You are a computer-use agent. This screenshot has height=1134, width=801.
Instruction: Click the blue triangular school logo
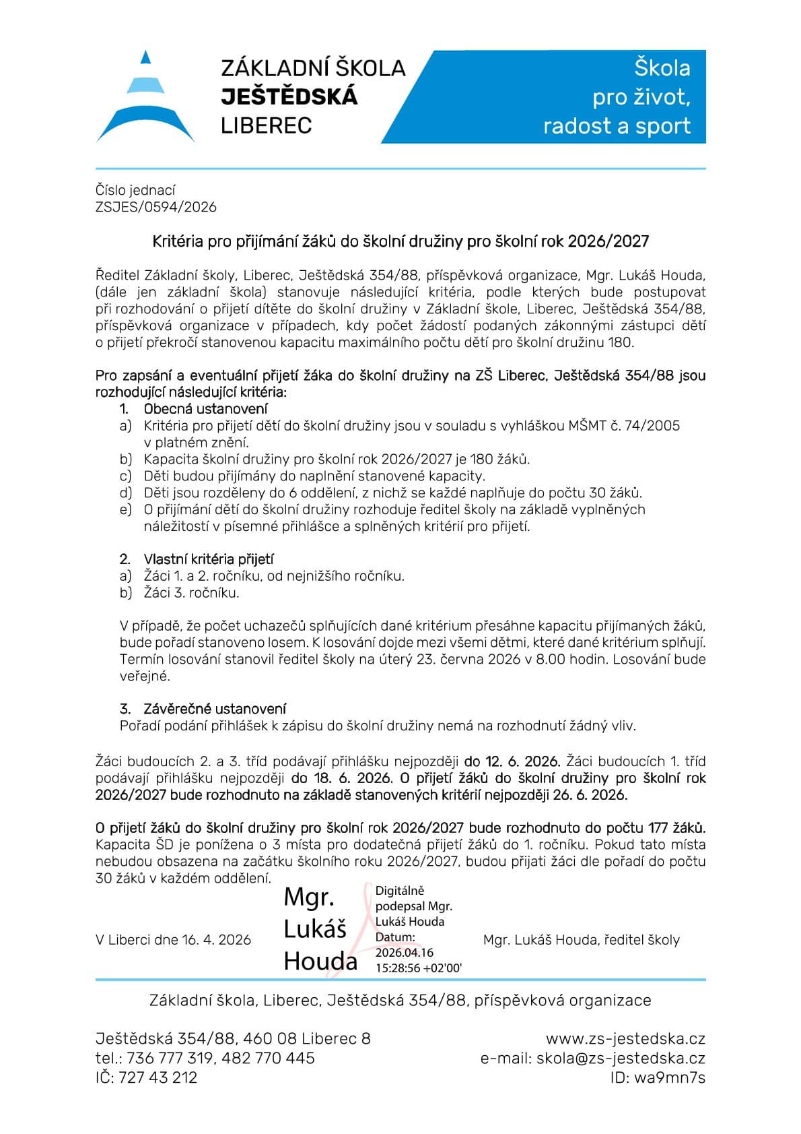pyautogui.click(x=145, y=98)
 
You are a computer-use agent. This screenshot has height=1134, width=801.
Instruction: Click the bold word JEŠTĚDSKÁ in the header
pyautogui.click(x=289, y=97)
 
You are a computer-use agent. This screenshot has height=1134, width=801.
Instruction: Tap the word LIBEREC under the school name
pyautogui.click(x=267, y=126)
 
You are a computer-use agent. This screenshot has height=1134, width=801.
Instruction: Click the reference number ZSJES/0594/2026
pyautogui.click(x=156, y=207)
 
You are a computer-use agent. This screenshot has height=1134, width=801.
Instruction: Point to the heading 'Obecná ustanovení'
pyautogui.click(x=205, y=408)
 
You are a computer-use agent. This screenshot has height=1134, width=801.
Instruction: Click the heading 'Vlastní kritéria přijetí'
pyautogui.click(x=209, y=559)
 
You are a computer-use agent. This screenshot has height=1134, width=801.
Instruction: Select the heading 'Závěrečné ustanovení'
pyautogui.click(x=215, y=709)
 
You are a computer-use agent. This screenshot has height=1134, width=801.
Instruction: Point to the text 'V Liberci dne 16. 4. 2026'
pyautogui.click(x=173, y=940)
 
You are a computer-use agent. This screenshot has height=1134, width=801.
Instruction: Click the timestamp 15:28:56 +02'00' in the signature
pyautogui.click(x=418, y=968)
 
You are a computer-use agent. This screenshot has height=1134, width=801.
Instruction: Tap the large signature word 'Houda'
pyautogui.click(x=320, y=960)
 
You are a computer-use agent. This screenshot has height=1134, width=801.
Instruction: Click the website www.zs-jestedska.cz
pyautogui.click(x=625, y=1038)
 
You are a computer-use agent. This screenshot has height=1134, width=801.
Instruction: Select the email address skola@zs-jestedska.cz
pyautogui.click(x=621, y=1058)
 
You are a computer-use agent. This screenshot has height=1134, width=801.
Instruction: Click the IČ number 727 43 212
pyautogui.click(x=158, y=1077)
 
